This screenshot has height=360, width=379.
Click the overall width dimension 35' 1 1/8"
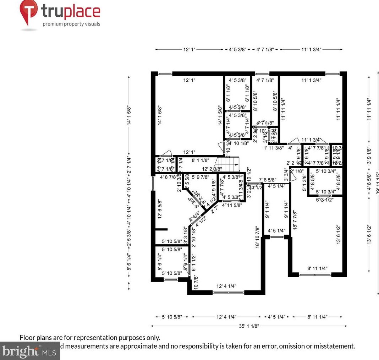(x=249, y=326)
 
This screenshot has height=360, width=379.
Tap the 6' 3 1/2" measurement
(x=325, y=200)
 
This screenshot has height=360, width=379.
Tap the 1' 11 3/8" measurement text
(x=273, y=148)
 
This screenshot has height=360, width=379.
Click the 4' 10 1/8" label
(x=238, y=143)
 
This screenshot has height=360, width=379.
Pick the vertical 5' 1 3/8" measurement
(x=304, y=182)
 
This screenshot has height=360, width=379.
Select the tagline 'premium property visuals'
(x=71, y=24)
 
